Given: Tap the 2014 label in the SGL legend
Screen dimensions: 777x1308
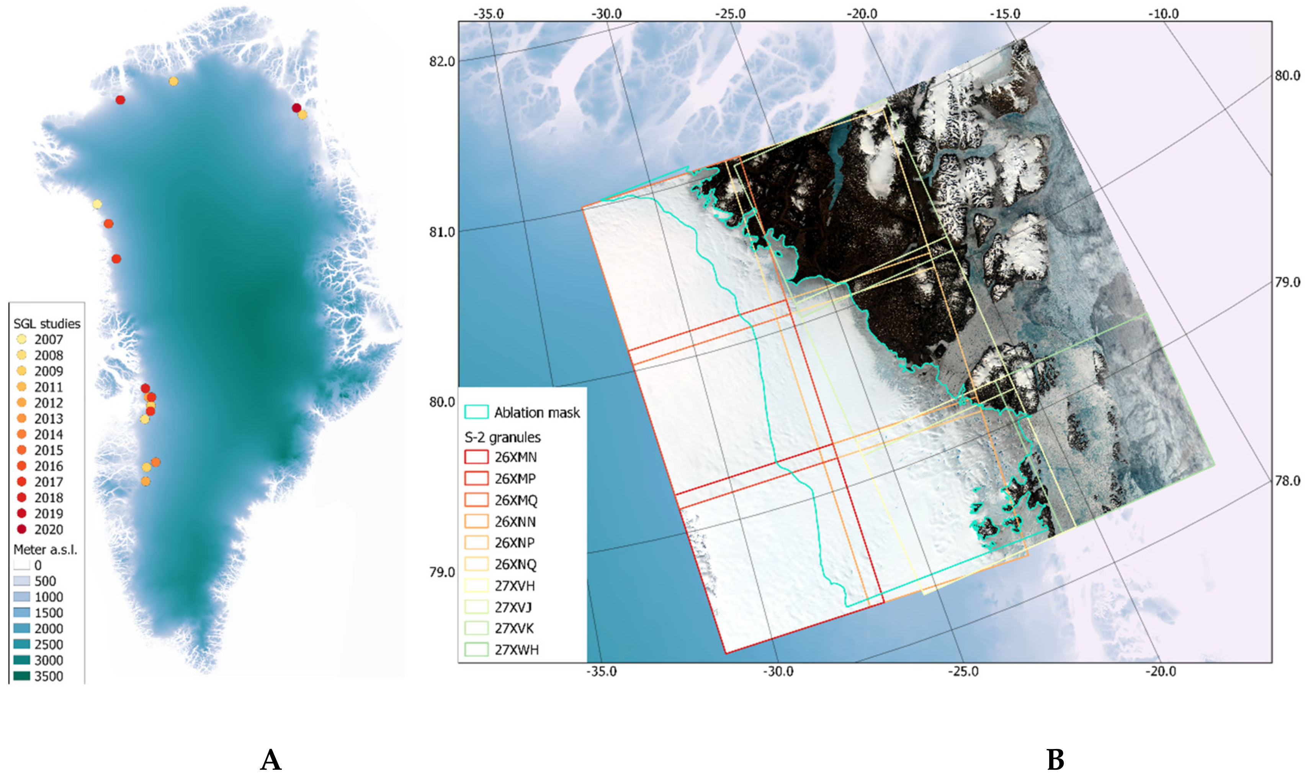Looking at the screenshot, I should (49, 434).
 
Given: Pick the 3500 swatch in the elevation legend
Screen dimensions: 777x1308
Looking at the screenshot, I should (22, 676).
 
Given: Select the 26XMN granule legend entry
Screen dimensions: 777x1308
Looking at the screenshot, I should (515, 457).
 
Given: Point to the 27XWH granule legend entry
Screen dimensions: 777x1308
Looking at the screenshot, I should (516, 650).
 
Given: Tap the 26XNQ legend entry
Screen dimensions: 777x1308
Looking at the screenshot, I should (515, 564).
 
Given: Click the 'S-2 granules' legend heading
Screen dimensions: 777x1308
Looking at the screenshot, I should (502, 437).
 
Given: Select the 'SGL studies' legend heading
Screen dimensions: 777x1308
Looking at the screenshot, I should (47, 324).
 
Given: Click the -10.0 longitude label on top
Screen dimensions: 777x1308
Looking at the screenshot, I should (1163, 14).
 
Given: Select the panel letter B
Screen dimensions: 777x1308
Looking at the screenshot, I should (1055, 760).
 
